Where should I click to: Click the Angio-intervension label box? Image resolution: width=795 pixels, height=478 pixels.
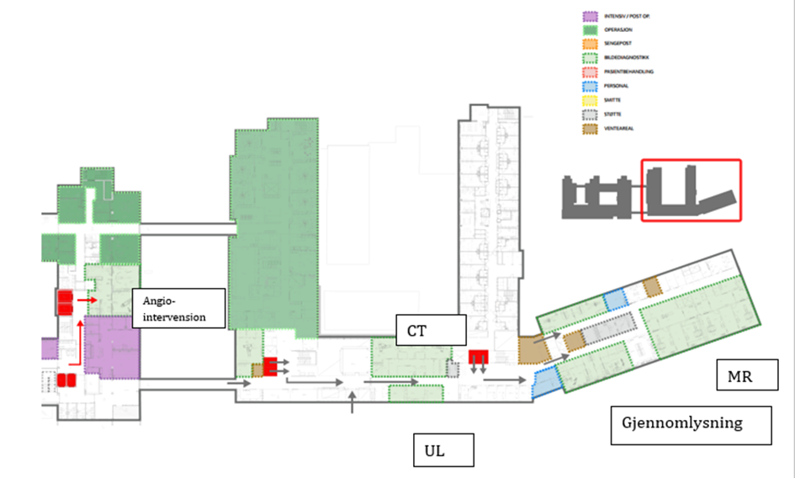pyautogui.click(x=179, y=307)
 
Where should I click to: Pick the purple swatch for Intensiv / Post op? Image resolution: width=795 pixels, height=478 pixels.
pyautogui.click(x=591, y=16)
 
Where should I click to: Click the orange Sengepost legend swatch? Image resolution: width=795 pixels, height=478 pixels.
pyautogui.click(x=591, y=43)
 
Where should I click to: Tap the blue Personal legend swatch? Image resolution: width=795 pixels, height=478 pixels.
pyautogui.click(x=591, y=85)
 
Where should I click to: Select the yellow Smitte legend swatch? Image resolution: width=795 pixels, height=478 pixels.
pyautogui.click(x=591, y=99)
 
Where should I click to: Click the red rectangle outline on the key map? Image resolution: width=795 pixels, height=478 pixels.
pyautogui.click(x=691, y=190)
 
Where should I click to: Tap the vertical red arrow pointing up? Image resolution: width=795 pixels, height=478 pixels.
pyautogui.click(x=81, y=340)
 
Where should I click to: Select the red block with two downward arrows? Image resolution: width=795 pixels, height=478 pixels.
pyautogui.click(x=479, y=358)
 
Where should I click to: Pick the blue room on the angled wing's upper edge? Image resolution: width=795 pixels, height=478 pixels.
pyautogui.click(x=616, y=298)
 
